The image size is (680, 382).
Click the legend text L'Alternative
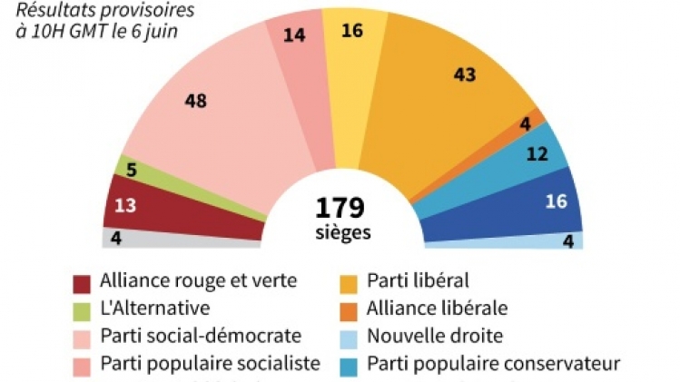155,309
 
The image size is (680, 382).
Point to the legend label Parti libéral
419,281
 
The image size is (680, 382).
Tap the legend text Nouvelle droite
434,336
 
